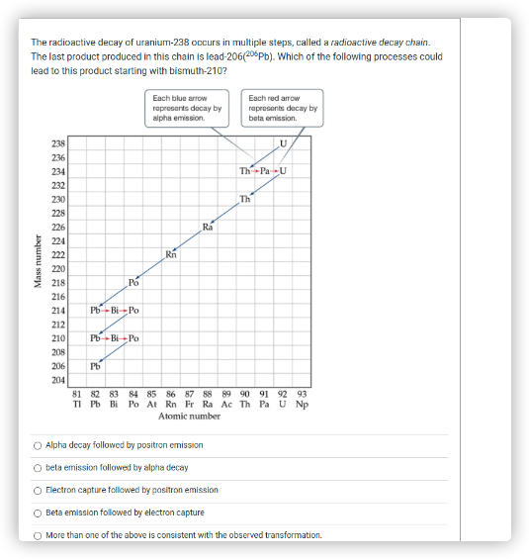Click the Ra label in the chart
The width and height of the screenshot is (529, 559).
click(207, 228)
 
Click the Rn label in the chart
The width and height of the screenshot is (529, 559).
click(171, 255)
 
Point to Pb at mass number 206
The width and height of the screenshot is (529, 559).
click(95, 366)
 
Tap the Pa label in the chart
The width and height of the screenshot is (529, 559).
click(265, 171)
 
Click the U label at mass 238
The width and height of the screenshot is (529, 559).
click(284, 144)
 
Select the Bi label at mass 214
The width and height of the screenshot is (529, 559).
click(115, 310)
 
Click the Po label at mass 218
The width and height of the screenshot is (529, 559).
click(133, 283)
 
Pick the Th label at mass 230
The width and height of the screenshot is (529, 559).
click(246, 200)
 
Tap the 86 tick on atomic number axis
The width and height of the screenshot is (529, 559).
click(170, 393)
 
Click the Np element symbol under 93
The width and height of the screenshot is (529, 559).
click(302, 404)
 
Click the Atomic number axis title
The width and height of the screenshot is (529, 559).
click(188, 417)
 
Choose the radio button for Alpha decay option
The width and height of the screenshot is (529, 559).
click(38, 445)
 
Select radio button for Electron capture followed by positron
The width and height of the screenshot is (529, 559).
click(38, 490)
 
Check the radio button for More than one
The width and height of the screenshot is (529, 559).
click(38, 534)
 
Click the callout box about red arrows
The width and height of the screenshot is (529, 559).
click(283, 108)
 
